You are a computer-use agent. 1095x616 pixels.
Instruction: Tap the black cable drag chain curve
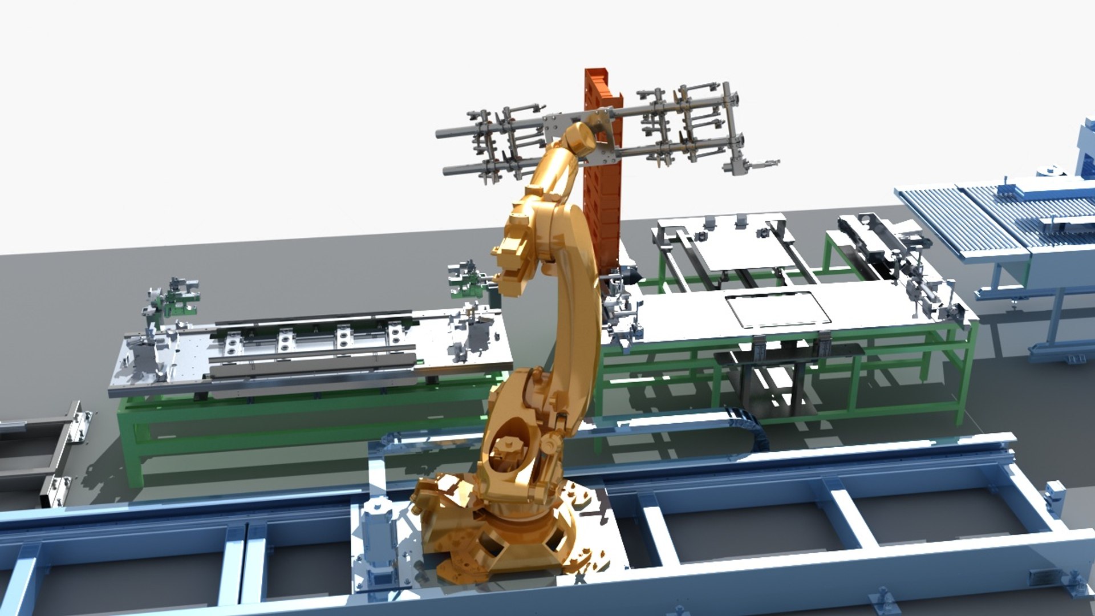[747, 422]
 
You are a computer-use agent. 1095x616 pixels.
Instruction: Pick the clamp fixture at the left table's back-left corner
[171, 297]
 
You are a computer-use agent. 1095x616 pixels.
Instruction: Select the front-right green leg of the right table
[967, 376]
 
